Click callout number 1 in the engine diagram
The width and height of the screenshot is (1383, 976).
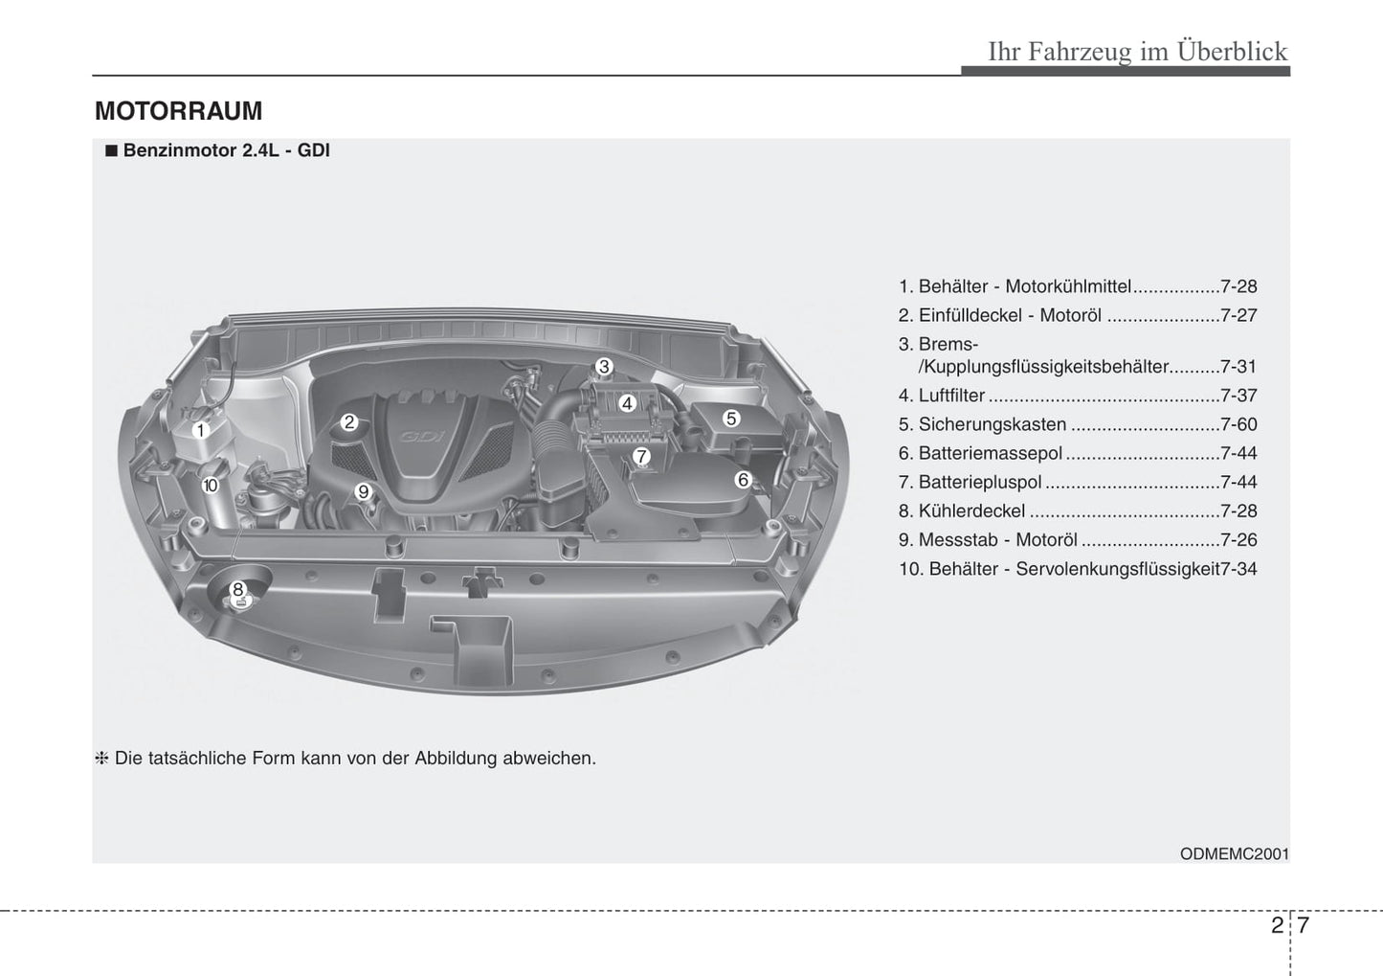point(200,431)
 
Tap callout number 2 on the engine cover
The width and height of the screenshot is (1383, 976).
point(349,421)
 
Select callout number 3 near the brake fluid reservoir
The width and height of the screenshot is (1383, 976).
point(604,366)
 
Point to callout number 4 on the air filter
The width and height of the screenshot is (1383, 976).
point(627,403)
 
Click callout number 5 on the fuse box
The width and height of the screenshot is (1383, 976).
point(731,418)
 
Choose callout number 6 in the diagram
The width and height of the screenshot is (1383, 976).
point(743,480)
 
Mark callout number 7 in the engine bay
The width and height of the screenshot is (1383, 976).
point(641,457)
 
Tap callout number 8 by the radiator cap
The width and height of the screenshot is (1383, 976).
point(237,589)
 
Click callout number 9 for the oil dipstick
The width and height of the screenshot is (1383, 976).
point(363,492)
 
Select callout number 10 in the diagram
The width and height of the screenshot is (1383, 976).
point(211,486)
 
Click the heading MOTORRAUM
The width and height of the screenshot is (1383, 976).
point(178,111)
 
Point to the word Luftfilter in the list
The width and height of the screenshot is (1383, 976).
point(951,396)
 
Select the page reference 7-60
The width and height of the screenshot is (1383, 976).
point(1238,424)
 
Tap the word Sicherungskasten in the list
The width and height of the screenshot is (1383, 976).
point(992,424)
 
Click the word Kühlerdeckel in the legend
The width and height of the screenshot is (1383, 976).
point(971,511)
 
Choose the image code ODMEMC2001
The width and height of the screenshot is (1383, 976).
point(1235,853)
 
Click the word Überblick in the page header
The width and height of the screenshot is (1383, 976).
point(1233,51)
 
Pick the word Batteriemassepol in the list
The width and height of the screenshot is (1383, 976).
point(990,453)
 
